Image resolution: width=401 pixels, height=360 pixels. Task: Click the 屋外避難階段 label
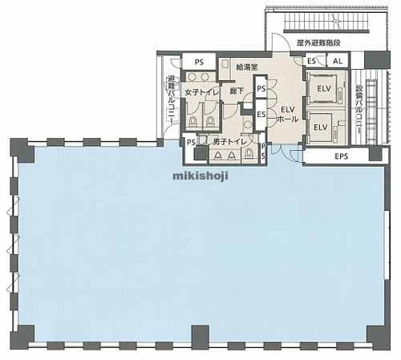pos(318,42)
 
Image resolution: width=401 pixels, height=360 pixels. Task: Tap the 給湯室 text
pos(247,67)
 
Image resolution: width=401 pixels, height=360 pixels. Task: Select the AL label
pos(338,61)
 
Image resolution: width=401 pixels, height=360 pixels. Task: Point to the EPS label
pos(342,156)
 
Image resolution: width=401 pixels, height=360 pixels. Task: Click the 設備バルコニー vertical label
pos(359,109)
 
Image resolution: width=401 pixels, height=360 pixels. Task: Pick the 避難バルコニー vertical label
pos(171,99)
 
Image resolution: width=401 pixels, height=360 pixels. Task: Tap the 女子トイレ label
pos(202,92)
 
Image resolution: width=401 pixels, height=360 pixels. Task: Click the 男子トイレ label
pos(230,142)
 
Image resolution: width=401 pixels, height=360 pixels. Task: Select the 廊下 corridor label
pos(237,91)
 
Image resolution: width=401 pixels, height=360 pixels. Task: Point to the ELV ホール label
pos(287,114)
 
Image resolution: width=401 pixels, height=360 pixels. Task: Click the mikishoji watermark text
pos(200,176)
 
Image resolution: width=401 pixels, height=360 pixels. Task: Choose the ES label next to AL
pos(312,61)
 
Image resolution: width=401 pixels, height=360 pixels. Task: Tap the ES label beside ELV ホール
pos(261,115)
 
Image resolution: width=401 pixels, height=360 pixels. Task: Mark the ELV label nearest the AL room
pos(324,88)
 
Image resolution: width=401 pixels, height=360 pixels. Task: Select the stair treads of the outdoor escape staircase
pos(326,22)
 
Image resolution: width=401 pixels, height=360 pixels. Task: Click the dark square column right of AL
pos(377,59)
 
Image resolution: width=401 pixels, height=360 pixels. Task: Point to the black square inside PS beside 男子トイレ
pos(200,154)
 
